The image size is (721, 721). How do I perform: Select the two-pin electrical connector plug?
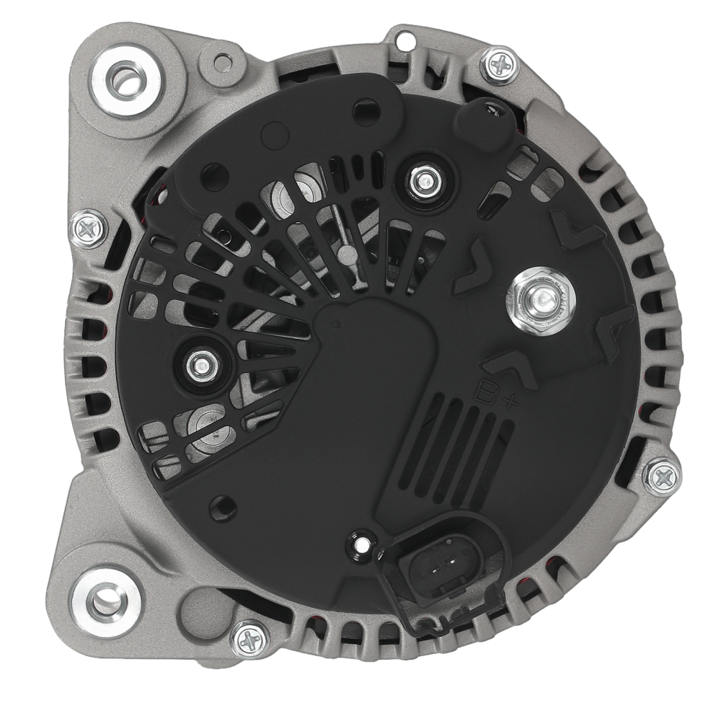click(x=441, y=570)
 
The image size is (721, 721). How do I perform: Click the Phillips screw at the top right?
click(x=500, y=65)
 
